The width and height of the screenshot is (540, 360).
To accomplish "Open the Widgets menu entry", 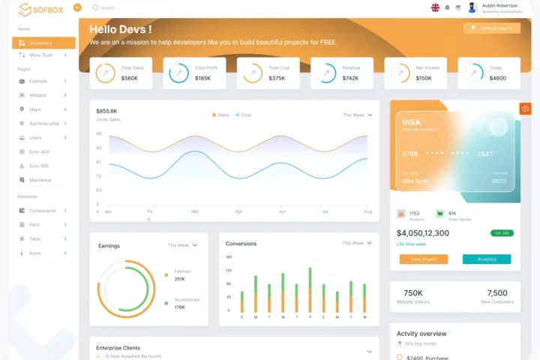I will (37, 95).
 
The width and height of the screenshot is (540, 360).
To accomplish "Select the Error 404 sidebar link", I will (39, 152).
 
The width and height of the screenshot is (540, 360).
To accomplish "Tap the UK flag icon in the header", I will (435, 7).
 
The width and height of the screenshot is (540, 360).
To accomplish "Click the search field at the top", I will (127, 8).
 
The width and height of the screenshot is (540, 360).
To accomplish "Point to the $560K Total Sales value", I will (129, 78).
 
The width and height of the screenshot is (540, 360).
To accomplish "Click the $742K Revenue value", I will (350, 78).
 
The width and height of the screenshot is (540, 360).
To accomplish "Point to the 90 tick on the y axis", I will (98, 134).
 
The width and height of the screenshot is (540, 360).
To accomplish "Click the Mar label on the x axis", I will (195, 211).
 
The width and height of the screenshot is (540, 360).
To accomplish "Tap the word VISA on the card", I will (412, 122).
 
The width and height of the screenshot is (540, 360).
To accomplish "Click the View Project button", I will (423, 259).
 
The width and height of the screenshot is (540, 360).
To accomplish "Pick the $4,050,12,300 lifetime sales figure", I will (422, 233).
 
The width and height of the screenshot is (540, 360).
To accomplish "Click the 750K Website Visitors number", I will (413, 293).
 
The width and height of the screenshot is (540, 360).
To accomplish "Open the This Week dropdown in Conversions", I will (357, 243).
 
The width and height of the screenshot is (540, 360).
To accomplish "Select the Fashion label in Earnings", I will (182, 271).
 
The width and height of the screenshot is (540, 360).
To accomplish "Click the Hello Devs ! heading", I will (121, 29).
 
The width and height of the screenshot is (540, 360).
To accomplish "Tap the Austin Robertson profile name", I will (499, 5).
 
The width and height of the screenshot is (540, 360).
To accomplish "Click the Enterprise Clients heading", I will (118, 348).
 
